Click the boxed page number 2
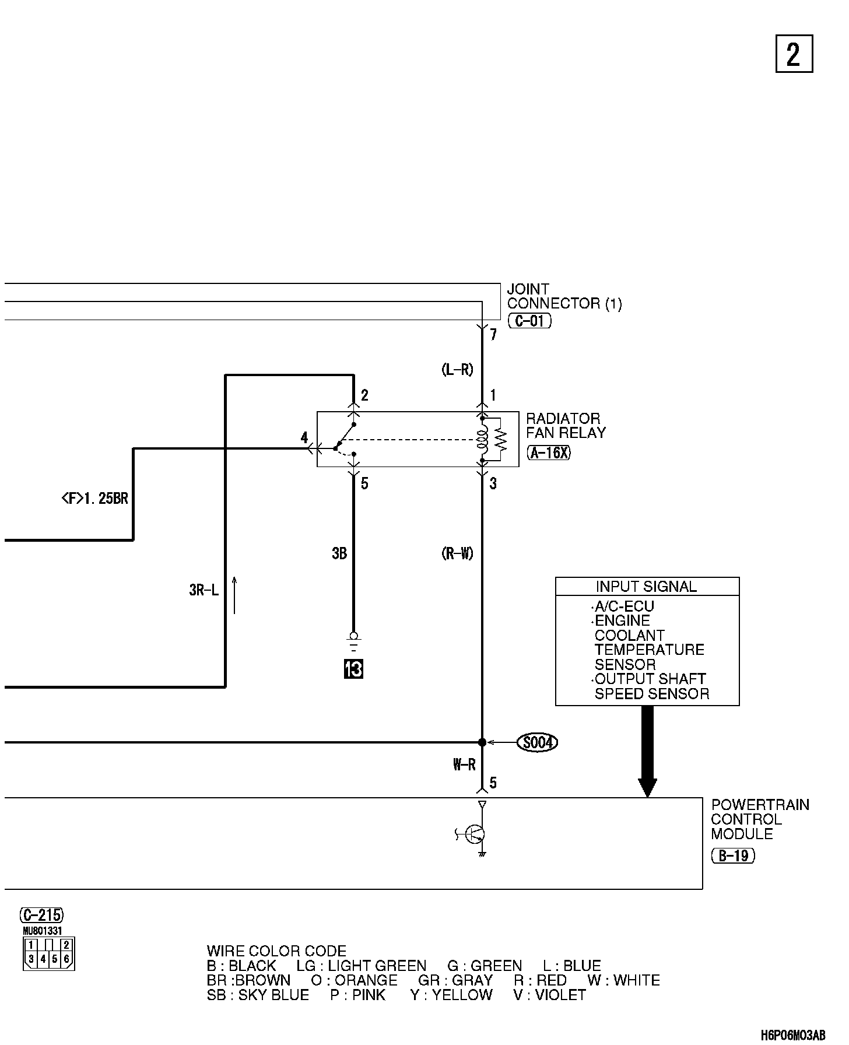click(x=794, y=54)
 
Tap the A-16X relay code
click(x=548, y=453)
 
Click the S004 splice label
click(x=537, y=742)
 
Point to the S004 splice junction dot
click(x=482, y=742)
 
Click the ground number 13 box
click(x=353, y=669)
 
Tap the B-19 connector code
click(x=733, y=855)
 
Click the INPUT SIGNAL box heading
click(x=646, y=587)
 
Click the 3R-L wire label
click(x=204, y=591)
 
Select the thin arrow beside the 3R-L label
click(x=234, y=595)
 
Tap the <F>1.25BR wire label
click(x=94, y=499)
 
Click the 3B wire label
click(x=339, y=553)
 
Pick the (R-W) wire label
click(x=457, y=553)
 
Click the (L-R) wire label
click(x=457, y=370)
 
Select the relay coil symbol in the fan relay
click(x=482, y=439)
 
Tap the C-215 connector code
click(x=41, y=914)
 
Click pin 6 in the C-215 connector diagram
click(x=67, y=958)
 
